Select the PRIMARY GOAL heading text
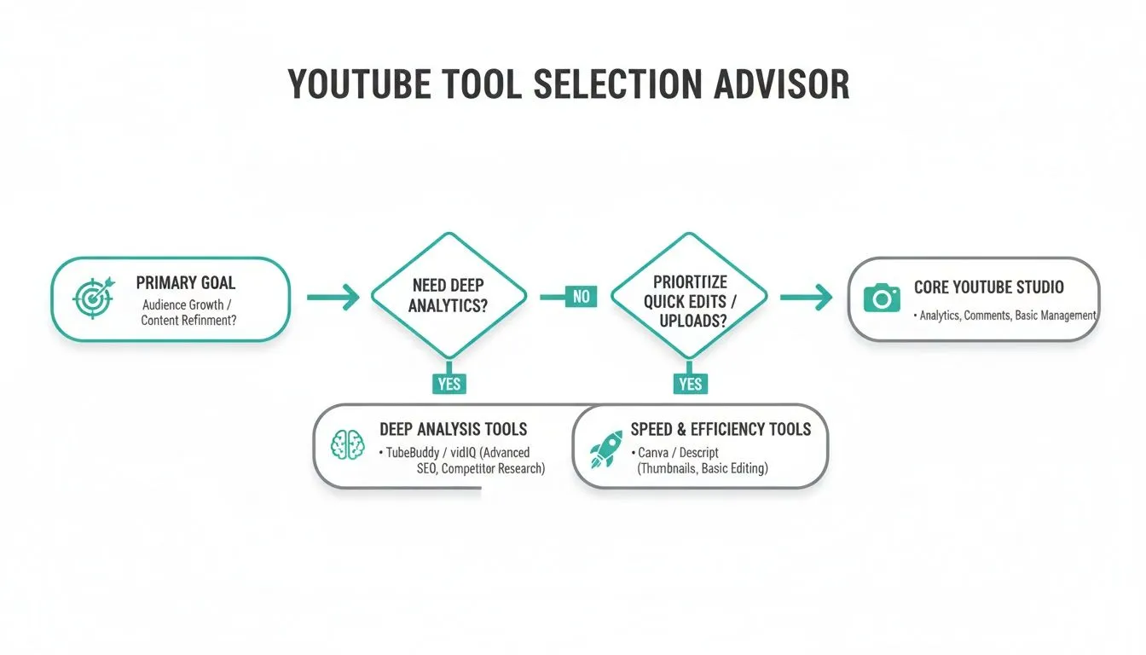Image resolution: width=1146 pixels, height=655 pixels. pyautogui.click(x=185, y=283)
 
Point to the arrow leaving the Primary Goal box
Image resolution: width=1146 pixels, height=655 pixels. pyautogui.click(x=332, y=297)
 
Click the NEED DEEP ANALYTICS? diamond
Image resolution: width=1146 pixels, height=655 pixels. pyautogui.click(x=449, y=295)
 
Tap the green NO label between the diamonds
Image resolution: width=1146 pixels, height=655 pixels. pyautogui.click(x=581, y=297)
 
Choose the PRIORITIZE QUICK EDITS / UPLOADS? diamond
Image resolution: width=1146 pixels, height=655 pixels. pyautogui.click(x=691, y=295)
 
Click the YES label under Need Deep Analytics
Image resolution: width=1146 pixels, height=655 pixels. pyautogui.click(x=449, y=384)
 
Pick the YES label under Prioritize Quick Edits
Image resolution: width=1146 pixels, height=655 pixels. pyautogui.click(x=691, y=384)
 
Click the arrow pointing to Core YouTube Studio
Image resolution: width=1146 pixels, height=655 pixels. pyautogui.click(x=805, y=297)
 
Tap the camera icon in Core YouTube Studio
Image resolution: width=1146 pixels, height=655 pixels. pyautogui.click(x=882, y=298)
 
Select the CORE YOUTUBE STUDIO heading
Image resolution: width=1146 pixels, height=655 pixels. pyautogui.click(x=988, y=287)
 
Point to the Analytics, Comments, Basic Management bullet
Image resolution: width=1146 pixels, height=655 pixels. pyautogui.click(x=1006, y=316)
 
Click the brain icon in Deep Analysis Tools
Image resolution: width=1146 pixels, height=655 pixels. pyautogui.click(x=348, y=445)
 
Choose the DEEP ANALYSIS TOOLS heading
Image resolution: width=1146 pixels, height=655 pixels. pyautogui.click(x=453, y=429)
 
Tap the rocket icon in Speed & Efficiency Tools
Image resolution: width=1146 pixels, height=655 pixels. pyautogui.click(x=608, y=448)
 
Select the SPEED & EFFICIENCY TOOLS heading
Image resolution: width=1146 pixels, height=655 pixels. pyautogui.click(x=721, y=428)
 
